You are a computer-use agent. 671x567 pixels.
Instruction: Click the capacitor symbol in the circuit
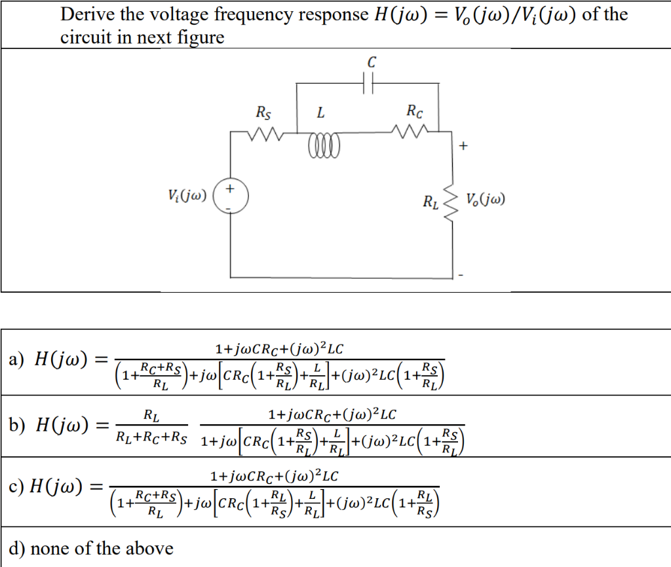(368, 84)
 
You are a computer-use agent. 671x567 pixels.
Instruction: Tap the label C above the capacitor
(372, 63)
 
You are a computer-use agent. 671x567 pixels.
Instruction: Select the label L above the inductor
(320, 113)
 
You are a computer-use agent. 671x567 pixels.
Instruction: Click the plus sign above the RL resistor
(463, 146)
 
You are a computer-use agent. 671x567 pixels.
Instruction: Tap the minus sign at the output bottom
(462, 275)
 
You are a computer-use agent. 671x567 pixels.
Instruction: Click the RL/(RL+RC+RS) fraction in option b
(151, 426)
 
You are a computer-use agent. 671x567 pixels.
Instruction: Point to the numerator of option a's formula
(278, 346)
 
